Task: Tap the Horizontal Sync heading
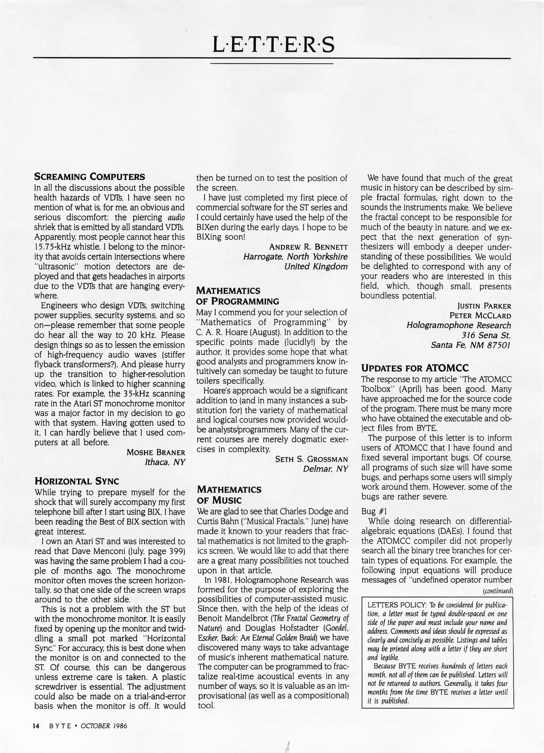[77, 481]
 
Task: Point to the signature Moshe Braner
[156, 452]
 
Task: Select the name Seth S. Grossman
[311, 459]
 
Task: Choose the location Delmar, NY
[325, 469]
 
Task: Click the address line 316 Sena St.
[486, 335]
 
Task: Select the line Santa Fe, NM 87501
[471, 345]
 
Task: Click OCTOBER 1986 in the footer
[104, 726]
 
